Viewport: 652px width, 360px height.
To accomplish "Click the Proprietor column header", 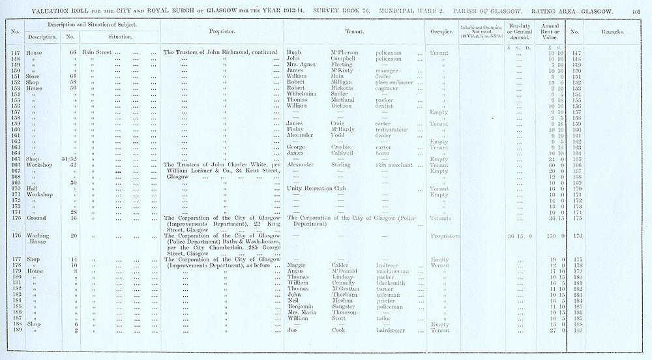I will click(222, 31).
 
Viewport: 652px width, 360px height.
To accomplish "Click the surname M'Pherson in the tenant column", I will click(341, 51).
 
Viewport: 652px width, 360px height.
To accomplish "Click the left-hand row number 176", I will click(15, 235).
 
